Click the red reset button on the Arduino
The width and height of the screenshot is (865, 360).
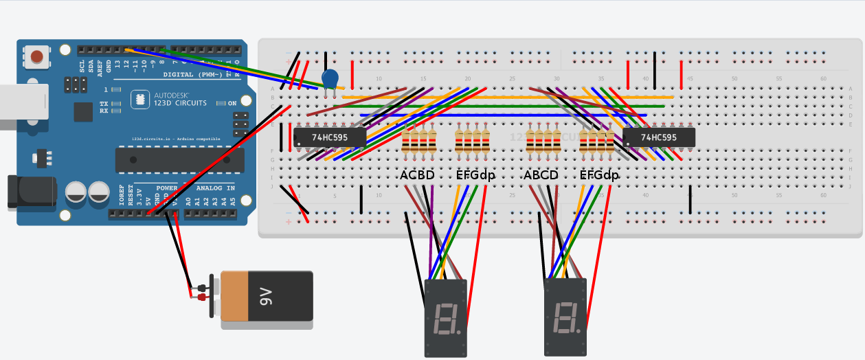(x=37, y=56)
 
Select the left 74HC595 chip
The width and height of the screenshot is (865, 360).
(x=330, y=137)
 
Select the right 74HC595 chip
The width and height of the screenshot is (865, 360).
(x=659, y=137)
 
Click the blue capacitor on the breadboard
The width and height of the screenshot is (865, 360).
(x=330, y=79)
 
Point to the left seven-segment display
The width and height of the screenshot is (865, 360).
(x=447, y=317)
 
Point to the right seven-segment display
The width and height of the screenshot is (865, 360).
(x=565, y=316)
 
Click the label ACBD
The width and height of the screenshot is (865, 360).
(x=417, y=176)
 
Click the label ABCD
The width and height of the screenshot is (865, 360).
(x=541, y=176)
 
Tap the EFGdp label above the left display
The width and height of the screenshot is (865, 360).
(x=475, y=176)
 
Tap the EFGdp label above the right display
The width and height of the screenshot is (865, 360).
(x=599, y=176)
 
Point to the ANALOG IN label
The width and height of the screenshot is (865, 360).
(x=216, y=188)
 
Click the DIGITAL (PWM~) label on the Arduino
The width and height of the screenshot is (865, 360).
(x=192, y=74)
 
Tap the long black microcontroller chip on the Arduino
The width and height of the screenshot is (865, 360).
(x=179, y=160)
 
